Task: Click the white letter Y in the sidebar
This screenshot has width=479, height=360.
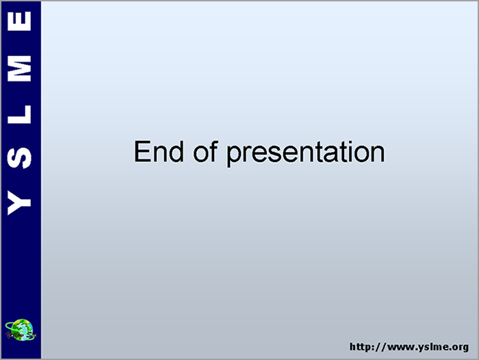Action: (19, 203)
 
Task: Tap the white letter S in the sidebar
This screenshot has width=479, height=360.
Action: (19, 157)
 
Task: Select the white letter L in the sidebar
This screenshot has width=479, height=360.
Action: (19, 114)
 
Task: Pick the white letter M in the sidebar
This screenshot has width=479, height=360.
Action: (19, 68)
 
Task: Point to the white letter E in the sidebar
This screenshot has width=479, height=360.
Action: (19, 21)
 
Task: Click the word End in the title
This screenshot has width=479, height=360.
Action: (159, 151)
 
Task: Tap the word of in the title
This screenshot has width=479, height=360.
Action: (205, 151)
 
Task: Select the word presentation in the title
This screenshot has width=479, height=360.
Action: (305, 153)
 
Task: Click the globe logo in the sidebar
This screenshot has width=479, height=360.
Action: (21, 330)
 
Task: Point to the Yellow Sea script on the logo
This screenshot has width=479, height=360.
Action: (21, 335)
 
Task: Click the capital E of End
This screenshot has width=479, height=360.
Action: (142, 151)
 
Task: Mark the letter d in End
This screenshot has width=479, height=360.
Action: (177, 151)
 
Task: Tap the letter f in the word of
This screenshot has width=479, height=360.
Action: (213, 151)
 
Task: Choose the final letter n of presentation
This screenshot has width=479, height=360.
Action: (378, 154)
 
